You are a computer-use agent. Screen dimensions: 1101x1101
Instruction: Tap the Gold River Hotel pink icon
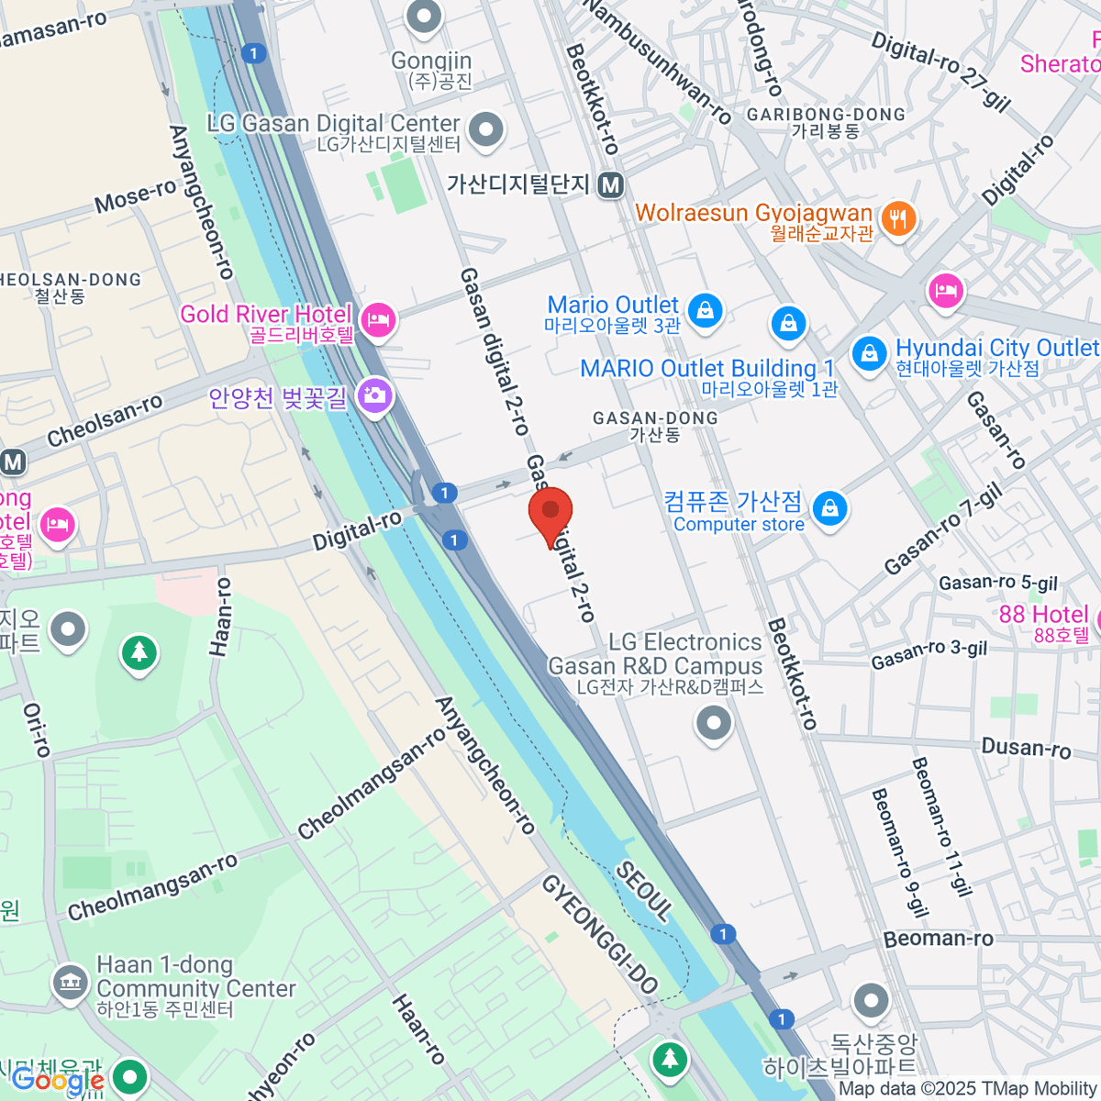(x=377, y=318)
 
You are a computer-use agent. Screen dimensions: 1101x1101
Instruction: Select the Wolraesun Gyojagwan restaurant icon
(x=898, y=218)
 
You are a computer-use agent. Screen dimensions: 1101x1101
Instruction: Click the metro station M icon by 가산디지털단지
(x=611, y=185)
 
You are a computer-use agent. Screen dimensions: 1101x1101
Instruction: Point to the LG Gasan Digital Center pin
(x=486, y=129)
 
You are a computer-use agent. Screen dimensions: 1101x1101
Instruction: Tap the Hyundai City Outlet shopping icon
(x=868, y=353)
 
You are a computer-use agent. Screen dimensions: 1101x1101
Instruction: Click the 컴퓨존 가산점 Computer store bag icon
(x=829, y=507)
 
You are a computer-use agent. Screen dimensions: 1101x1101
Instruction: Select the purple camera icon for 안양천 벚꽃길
(x=374, y=395)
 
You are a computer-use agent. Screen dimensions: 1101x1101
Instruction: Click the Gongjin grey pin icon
(x=424, y=17)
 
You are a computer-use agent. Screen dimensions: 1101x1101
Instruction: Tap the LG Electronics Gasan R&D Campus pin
(x=713, y=723)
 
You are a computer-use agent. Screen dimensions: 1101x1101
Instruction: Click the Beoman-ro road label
(x=938, y=939)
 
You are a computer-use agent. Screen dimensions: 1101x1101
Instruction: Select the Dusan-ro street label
(x=1026, y=748)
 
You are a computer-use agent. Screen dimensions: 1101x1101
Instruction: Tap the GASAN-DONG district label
(x=655, y=418)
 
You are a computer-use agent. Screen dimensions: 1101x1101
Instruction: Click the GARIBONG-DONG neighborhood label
(x=826, y=115)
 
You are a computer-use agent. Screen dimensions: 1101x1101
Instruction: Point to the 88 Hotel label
(x=1043, y=614)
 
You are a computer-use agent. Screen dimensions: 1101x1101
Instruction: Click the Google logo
(x=57, y=1081)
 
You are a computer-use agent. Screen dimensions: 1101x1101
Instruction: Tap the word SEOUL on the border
(x=643, y=890)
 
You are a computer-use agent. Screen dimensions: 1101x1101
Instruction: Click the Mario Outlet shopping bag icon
(x=705, y=310)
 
